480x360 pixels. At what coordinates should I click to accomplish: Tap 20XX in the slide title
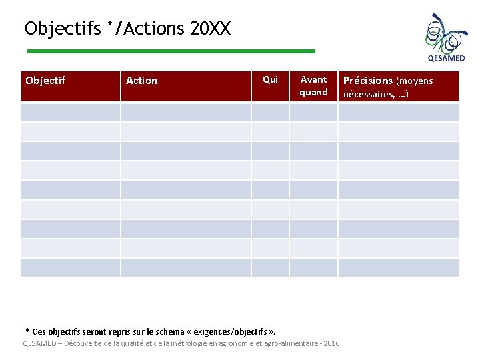tap(210, 29)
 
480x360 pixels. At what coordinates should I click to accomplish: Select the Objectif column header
tap(45, 81)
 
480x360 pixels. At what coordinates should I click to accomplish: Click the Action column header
tap(142, 81)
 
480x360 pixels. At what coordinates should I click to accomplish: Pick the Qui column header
tap(270, 80)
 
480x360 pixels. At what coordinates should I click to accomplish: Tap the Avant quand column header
tap(313, 86)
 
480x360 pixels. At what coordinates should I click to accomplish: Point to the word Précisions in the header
tap(367, 81)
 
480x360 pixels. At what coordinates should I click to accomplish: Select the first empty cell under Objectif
tap(71, 111)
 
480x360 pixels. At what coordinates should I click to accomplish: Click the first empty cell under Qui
tap(270, 111)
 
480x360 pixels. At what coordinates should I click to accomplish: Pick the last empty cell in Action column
tap(185, 267)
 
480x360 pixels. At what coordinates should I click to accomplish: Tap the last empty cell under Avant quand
tap(313, 267)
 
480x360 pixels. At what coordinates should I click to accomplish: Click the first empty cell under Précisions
tap(399, 111)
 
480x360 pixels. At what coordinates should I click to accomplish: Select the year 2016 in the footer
tap(331, 343)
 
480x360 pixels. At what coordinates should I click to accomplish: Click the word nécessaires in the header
tap(367, 94)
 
